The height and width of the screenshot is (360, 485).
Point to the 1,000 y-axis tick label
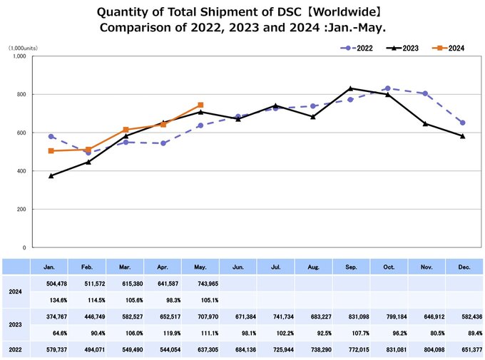[19, 56]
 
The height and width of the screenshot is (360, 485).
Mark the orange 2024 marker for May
[200, 105]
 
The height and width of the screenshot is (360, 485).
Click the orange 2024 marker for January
[51, 151]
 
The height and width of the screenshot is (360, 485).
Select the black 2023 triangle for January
[51, 175]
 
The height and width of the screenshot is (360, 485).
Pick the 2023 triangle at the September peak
[351, 88]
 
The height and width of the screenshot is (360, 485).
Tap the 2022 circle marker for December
[463, 123]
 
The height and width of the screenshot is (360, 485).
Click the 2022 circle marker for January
[51, 136]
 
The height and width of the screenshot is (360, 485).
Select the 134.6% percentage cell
[50, 299]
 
